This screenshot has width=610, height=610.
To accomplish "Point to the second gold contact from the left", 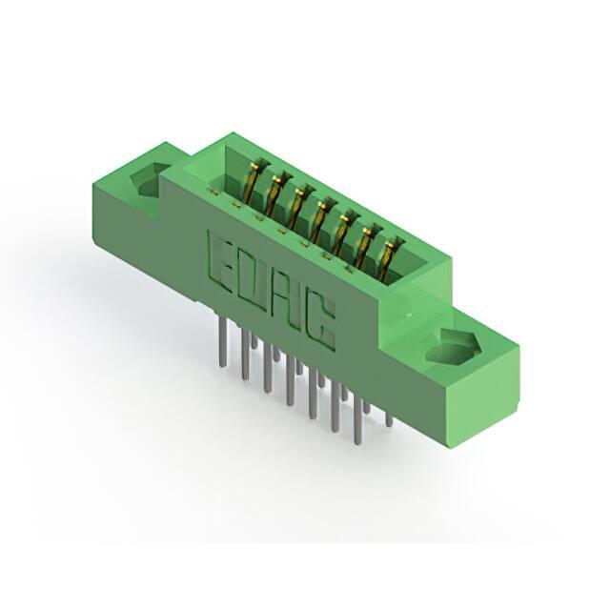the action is click(x=277, y=193).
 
